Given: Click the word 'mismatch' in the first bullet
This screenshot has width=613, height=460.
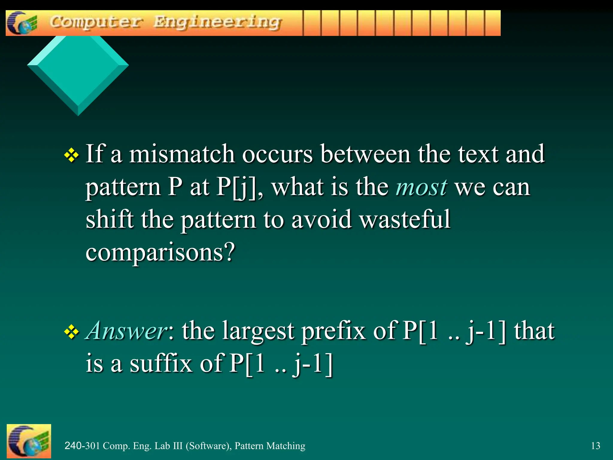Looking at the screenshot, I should point(182,154).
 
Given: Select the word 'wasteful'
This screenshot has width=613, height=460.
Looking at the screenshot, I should point(405,220).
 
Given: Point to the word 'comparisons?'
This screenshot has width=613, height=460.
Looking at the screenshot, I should point(160,252).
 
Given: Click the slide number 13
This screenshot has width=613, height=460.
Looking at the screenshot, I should point(595,446).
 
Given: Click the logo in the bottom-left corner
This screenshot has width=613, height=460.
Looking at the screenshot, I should point(29,441).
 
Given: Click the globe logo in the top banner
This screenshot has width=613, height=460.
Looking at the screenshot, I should point(23,23).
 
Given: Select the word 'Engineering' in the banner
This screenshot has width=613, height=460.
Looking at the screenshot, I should point(218,22).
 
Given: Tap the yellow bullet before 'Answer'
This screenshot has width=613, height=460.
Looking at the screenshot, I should point(72,332).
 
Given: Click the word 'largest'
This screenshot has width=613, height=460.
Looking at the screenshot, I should point(258,332).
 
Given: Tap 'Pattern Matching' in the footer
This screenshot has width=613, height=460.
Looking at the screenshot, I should point(270,446).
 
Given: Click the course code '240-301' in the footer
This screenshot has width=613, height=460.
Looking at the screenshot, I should point(82,446).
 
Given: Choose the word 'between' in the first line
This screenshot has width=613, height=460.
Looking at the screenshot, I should point(365,154).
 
